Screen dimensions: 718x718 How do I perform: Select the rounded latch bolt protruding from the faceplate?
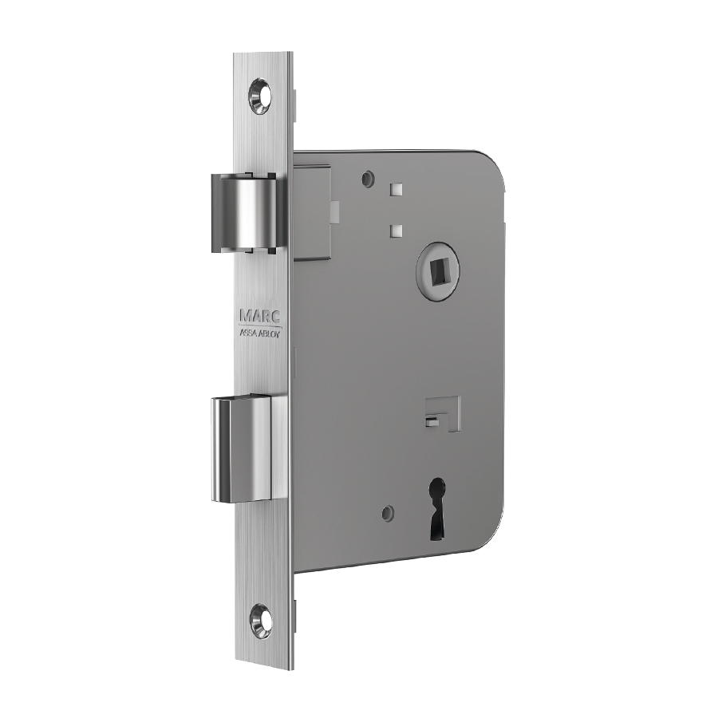click(x=243, y=213)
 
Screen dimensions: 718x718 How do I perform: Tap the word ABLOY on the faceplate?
click(x=271, y=333)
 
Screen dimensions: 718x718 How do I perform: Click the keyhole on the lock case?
click(x=438, y=507)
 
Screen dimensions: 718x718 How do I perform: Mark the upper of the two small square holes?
click(x=396, y=189)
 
